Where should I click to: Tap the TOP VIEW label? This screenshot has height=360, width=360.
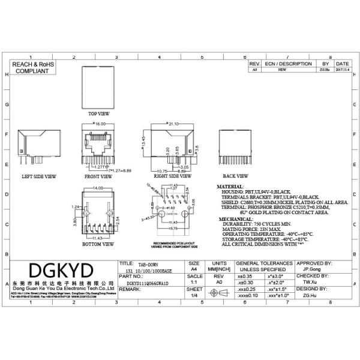[x=99, y=113]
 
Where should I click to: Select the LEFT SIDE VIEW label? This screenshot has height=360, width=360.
[x=39, y=177]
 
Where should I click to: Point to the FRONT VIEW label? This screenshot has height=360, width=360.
[x=98, y=177]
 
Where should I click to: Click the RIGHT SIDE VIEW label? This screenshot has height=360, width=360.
[x=166, y=177]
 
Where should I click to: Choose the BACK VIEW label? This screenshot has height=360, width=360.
[x=236, y=176]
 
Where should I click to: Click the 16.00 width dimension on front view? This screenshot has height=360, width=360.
[x=100, y=124]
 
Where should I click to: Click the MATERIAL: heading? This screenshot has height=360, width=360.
[x=229, y=187]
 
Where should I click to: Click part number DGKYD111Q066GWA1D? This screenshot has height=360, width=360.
[x=148, y=281]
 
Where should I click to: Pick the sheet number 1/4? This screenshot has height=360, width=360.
[x=194, y=295]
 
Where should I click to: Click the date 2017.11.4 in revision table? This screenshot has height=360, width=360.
[x=343, y=70]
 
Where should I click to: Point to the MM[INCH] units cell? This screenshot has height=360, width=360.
[x=219, y=270]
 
